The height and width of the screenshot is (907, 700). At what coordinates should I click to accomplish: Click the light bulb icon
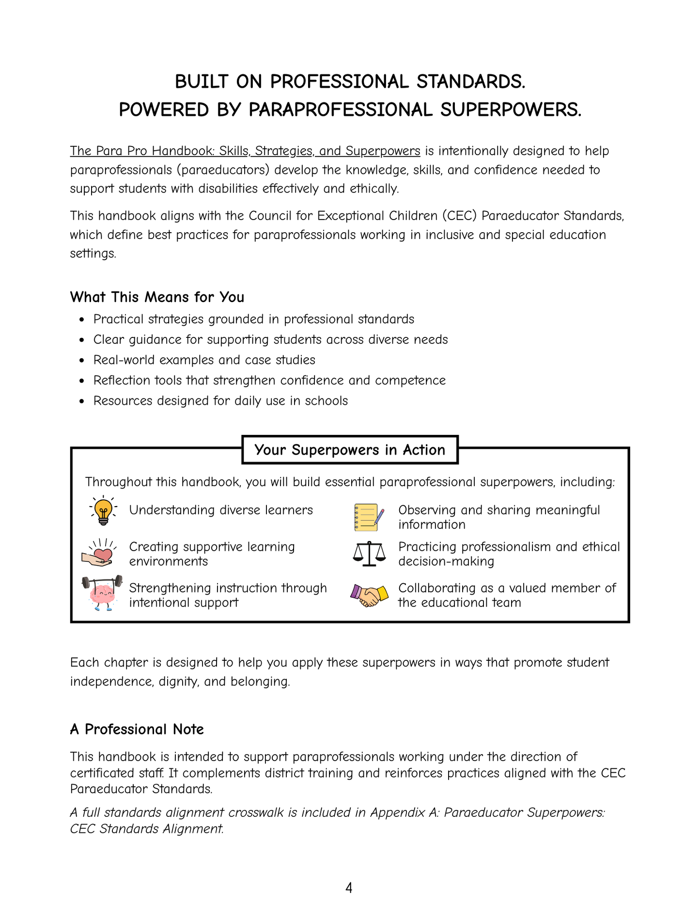[103, 510]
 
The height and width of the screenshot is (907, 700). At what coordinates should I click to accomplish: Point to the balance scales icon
[370, 554]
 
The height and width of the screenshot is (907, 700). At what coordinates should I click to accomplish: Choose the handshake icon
[369, 595]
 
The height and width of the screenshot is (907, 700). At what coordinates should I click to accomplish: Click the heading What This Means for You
[157, 297]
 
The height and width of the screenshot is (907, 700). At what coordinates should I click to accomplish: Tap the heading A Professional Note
[137, 729]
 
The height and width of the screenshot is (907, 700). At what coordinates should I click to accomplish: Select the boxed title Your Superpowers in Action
[350, 450]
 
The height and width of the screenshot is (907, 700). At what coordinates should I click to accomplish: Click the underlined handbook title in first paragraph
[245, 151]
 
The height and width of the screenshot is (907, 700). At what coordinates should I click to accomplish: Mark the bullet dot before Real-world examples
[82, 361]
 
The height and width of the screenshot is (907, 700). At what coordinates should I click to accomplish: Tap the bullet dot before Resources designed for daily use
[82, 401]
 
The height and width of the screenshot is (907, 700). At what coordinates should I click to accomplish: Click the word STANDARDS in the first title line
[470, 81]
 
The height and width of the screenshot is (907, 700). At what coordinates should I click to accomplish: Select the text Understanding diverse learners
[221, 510]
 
